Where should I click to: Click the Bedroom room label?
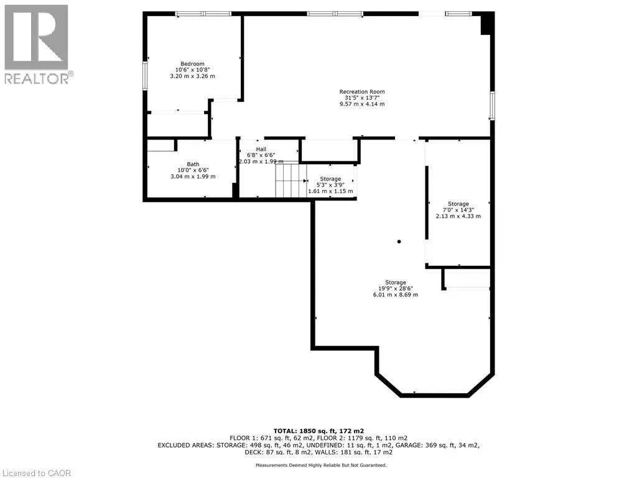click(x=192, y=63)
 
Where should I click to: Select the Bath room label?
click(x=193, y=164)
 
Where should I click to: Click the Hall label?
click(x=261, y=149)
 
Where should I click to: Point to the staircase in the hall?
click(x=289, y=180)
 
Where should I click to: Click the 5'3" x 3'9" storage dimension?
click(x=331, y=185)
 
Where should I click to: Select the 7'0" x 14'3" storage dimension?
click(x=458, y=210)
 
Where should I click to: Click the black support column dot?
click(x=399, y=241)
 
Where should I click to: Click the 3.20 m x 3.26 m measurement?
click(x=192, y=76)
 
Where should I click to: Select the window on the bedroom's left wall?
click(x=146, y=75)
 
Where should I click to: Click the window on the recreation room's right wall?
click(x=491, y=105)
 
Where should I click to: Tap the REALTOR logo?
click(x=37, y=44)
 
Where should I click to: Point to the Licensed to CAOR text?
click(x=37, y=473)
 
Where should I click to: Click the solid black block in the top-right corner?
click(x=487, y=24)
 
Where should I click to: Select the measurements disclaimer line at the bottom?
click(x=318, y=465)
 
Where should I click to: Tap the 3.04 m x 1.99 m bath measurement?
click(x=193, y=176)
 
